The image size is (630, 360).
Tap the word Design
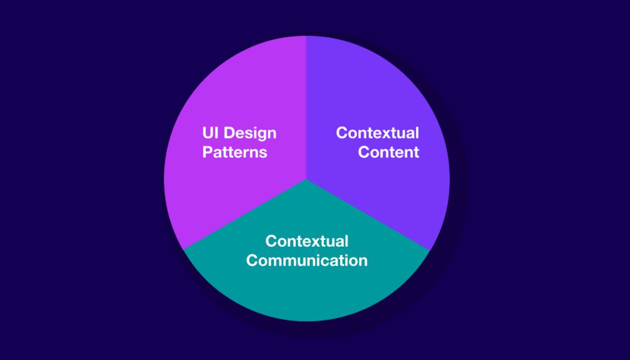250,134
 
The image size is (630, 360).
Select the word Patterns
235,152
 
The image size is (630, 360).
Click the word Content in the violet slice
388,152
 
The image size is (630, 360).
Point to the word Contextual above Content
377,133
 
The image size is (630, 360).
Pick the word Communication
307,260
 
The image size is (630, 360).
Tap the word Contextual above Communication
307,241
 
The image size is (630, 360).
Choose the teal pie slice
307,292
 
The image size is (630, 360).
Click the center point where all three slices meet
306,179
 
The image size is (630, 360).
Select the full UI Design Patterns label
239,142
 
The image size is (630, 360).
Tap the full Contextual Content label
377,142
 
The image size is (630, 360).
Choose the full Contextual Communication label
307,250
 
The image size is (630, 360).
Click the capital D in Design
229,133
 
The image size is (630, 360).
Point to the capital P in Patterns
207,152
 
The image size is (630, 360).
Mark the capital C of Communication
252,260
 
